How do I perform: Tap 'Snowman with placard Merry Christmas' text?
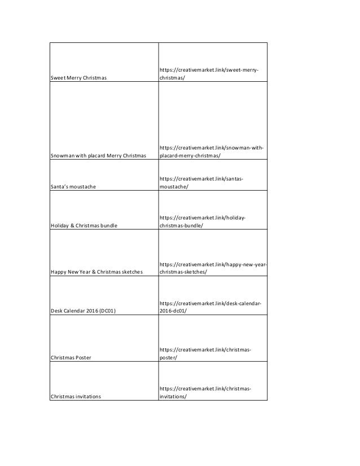coord(99,155)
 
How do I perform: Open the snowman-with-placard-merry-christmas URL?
coord(212,151)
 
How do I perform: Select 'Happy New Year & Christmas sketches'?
coord(97,272)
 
